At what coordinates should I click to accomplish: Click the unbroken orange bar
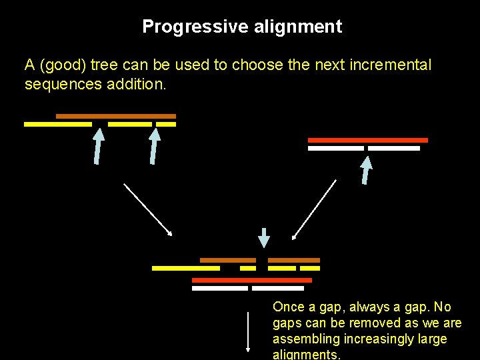pos(115,116)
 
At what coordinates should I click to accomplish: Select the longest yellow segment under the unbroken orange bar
pos(58,124)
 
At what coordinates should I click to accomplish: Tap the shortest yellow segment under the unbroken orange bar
pos(166,124)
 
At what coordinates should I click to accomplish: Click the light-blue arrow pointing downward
pos(264,237)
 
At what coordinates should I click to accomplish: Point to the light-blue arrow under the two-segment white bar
pos(366,169)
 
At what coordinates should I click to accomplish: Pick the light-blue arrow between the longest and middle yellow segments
pos(98,146)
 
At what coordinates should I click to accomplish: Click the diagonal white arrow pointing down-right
pos(148,209)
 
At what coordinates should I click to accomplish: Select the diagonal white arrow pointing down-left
pos(315,209)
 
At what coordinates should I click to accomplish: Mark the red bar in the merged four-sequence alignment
pos(251,280)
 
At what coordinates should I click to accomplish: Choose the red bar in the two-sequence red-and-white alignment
pos(367,140)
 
